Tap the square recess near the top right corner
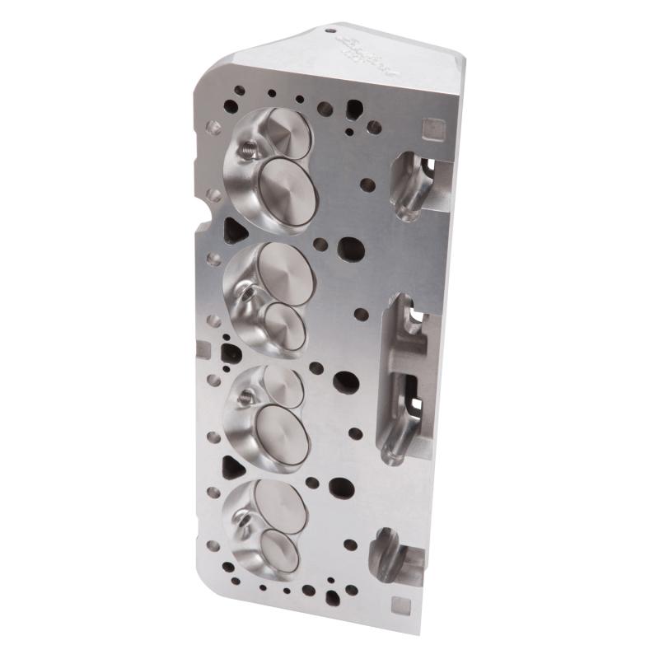tap(426, 128)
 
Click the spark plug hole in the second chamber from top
tap(245, 290)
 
